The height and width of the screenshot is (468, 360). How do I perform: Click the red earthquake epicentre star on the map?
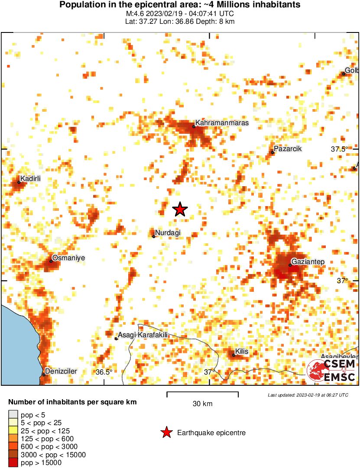tap(180, 210)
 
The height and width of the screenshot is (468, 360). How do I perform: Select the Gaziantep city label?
tap(308, 261)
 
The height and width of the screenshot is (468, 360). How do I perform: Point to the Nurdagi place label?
tap(168, 233)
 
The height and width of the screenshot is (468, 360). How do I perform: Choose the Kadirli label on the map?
tap(30, 178)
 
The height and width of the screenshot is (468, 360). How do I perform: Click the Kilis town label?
tap(242, 352)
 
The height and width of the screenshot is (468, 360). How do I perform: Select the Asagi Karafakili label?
tap(143, 335)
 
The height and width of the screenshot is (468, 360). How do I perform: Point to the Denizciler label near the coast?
tap(61, 371)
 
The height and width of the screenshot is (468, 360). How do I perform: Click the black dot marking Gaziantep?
tap(290, 265)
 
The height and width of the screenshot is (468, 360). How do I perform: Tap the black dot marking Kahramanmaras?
tap(194, 126)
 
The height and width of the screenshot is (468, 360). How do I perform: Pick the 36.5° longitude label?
tap(104, 372)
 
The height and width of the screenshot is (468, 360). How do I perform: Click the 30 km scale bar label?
tap(202, 404)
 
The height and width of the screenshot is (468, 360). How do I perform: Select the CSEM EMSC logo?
tap(332, 371)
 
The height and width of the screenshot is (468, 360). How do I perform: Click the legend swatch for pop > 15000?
tap(13, 462)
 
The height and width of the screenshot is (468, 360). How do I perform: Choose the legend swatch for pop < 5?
tap(13, 415)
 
